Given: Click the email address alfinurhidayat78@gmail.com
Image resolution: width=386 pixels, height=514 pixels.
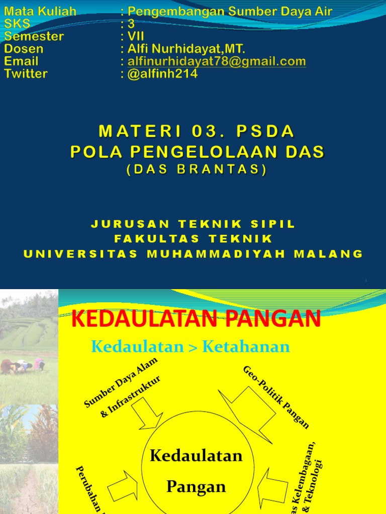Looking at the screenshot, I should (217, 62).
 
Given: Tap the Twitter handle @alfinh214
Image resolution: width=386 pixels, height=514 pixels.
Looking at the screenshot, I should (163, 74).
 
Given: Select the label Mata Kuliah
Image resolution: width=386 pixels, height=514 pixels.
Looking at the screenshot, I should (40, 12).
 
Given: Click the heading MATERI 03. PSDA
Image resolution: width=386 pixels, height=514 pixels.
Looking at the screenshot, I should (197, 132).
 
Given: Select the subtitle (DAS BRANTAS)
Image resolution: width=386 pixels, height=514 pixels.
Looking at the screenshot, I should (196, 170).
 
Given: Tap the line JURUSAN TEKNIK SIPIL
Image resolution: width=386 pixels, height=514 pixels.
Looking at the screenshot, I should (194, 224).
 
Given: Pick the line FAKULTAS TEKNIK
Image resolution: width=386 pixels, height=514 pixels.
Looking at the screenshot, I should (194, 239).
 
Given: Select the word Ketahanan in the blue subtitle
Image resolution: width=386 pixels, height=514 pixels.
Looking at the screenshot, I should (247, 346).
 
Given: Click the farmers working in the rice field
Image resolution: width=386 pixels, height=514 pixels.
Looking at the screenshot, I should (23, 365).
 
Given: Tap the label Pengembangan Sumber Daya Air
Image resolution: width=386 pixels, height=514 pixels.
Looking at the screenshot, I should (230, 12).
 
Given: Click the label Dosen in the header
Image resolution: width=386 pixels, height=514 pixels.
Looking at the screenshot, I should (24, 49).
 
